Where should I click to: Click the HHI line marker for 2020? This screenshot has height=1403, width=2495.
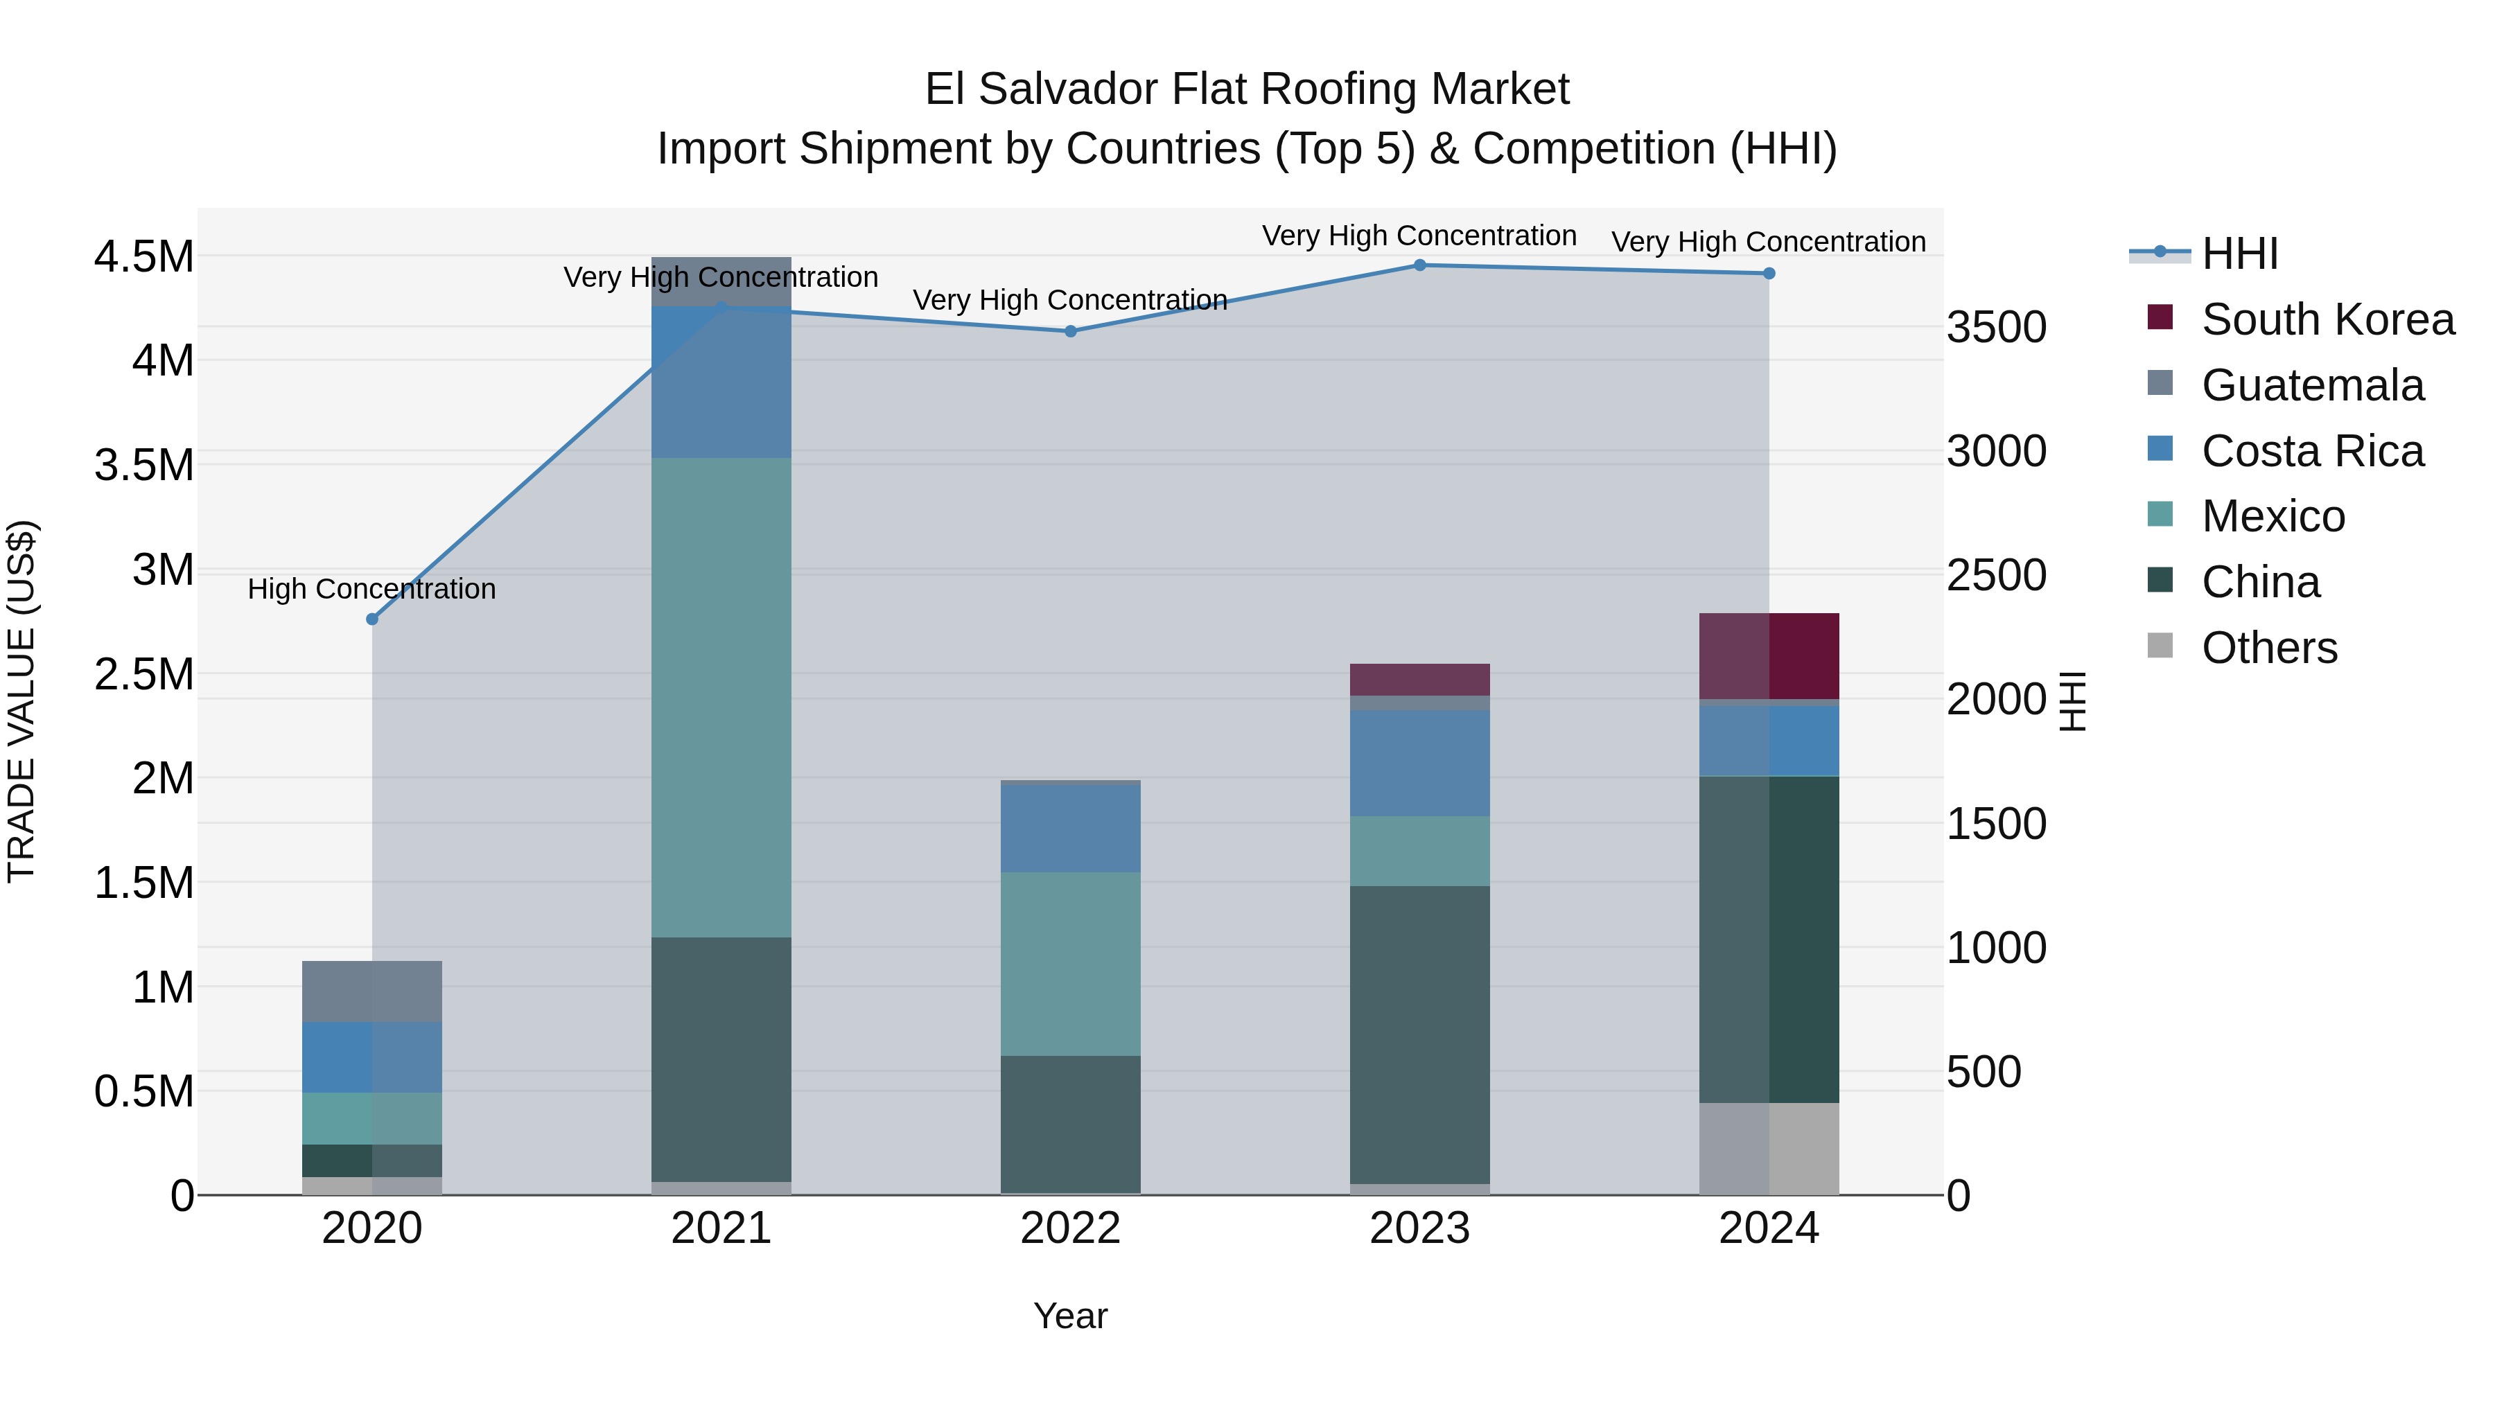pos(372,619)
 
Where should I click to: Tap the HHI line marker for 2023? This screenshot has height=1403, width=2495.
pos(1420,265)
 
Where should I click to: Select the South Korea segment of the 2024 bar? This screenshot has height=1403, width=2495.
pos(1769,655)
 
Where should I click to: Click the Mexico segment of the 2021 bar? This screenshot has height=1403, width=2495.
pos(721,697)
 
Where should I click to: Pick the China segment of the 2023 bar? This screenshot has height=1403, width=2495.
pos(1420,1034)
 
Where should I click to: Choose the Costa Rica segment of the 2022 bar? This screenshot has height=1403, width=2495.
pos(1070,828)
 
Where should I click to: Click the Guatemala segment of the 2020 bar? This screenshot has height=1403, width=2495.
pos(372,991)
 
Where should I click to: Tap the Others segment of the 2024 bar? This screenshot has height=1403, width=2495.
pos(1769,1148)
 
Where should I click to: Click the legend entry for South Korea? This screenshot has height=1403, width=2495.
pos(2327,319)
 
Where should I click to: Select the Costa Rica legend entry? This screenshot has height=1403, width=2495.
pos(2312,451)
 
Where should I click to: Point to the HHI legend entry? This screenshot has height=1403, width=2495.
pos(2239,254)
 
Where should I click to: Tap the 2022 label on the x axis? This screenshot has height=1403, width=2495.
pos(1070,1228)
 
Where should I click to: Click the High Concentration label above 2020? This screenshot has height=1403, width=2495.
pos(372,589)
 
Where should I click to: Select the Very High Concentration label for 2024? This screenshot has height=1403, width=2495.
pos(1769,241)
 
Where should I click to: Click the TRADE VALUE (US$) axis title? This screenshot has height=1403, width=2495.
pos(21,701)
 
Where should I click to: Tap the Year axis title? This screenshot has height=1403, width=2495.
pos(1070,1316)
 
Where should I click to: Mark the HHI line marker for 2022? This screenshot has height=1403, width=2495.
pos(1070,331)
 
